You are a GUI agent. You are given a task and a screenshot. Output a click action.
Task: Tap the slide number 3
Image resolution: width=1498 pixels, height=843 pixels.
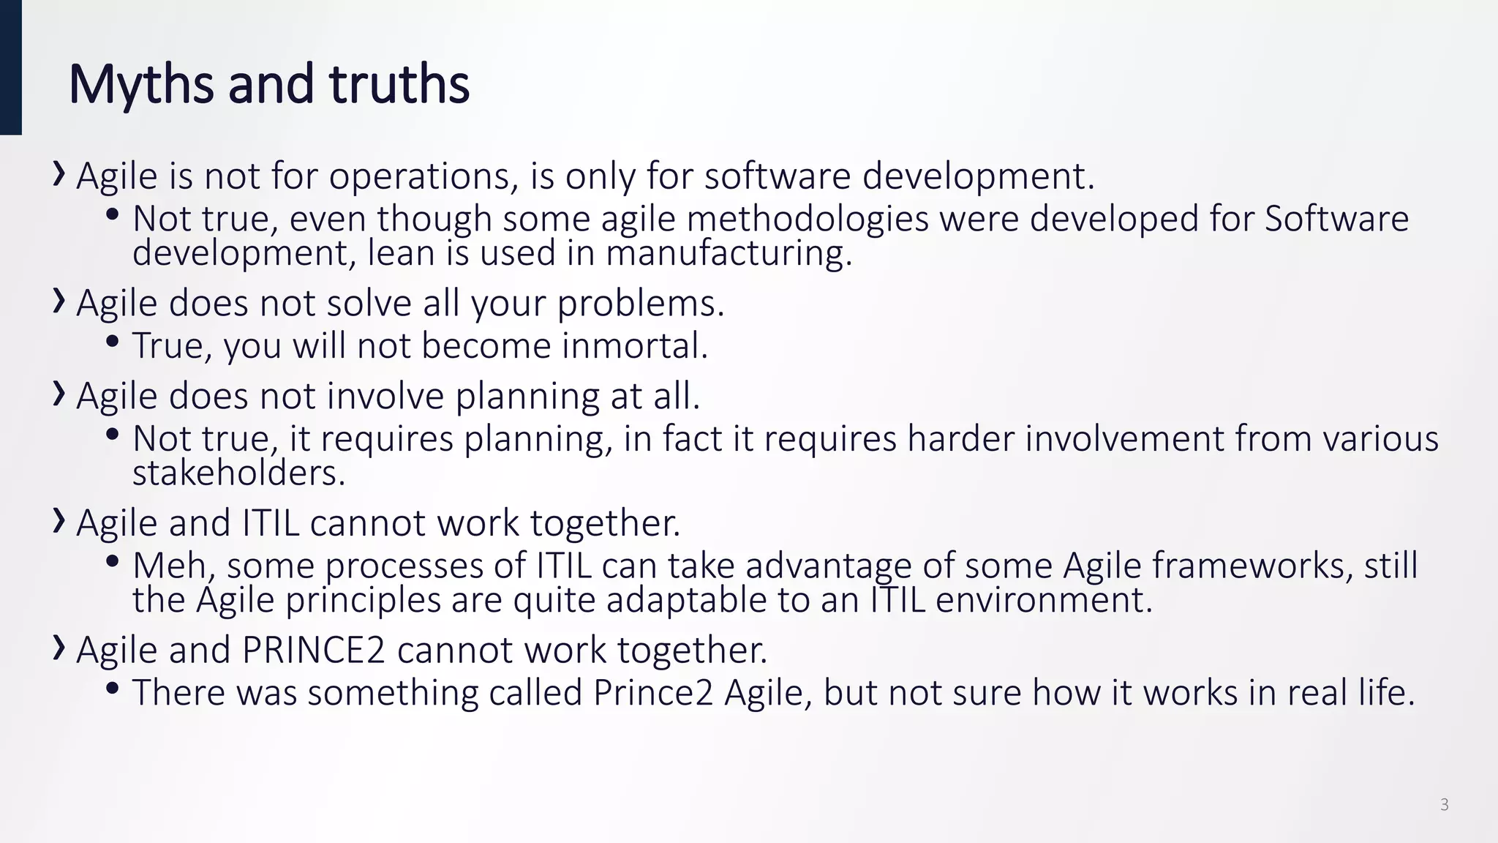[1444, 805]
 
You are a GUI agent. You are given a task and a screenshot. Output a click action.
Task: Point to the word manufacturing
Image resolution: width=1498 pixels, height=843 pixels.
[729, 254]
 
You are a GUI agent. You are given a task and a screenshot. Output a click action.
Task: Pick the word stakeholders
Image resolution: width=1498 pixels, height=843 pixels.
[238, 473]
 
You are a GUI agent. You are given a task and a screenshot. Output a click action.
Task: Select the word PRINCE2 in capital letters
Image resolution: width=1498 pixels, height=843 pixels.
[313, 650]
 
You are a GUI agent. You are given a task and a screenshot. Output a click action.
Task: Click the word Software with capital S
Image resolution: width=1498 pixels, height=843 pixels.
[1336, 219]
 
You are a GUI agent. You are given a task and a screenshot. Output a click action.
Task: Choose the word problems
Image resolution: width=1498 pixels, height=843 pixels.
[640, 304]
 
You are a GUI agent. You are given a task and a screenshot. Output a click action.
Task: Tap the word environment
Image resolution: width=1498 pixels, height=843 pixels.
[1043, 600]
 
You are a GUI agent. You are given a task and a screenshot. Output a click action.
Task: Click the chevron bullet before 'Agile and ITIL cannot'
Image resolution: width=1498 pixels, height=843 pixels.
[59, 522]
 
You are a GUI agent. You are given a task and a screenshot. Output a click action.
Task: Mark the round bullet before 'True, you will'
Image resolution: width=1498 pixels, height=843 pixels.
[112, 342]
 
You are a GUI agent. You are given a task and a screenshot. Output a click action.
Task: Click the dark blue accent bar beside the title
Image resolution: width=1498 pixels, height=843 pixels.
[10, 67]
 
